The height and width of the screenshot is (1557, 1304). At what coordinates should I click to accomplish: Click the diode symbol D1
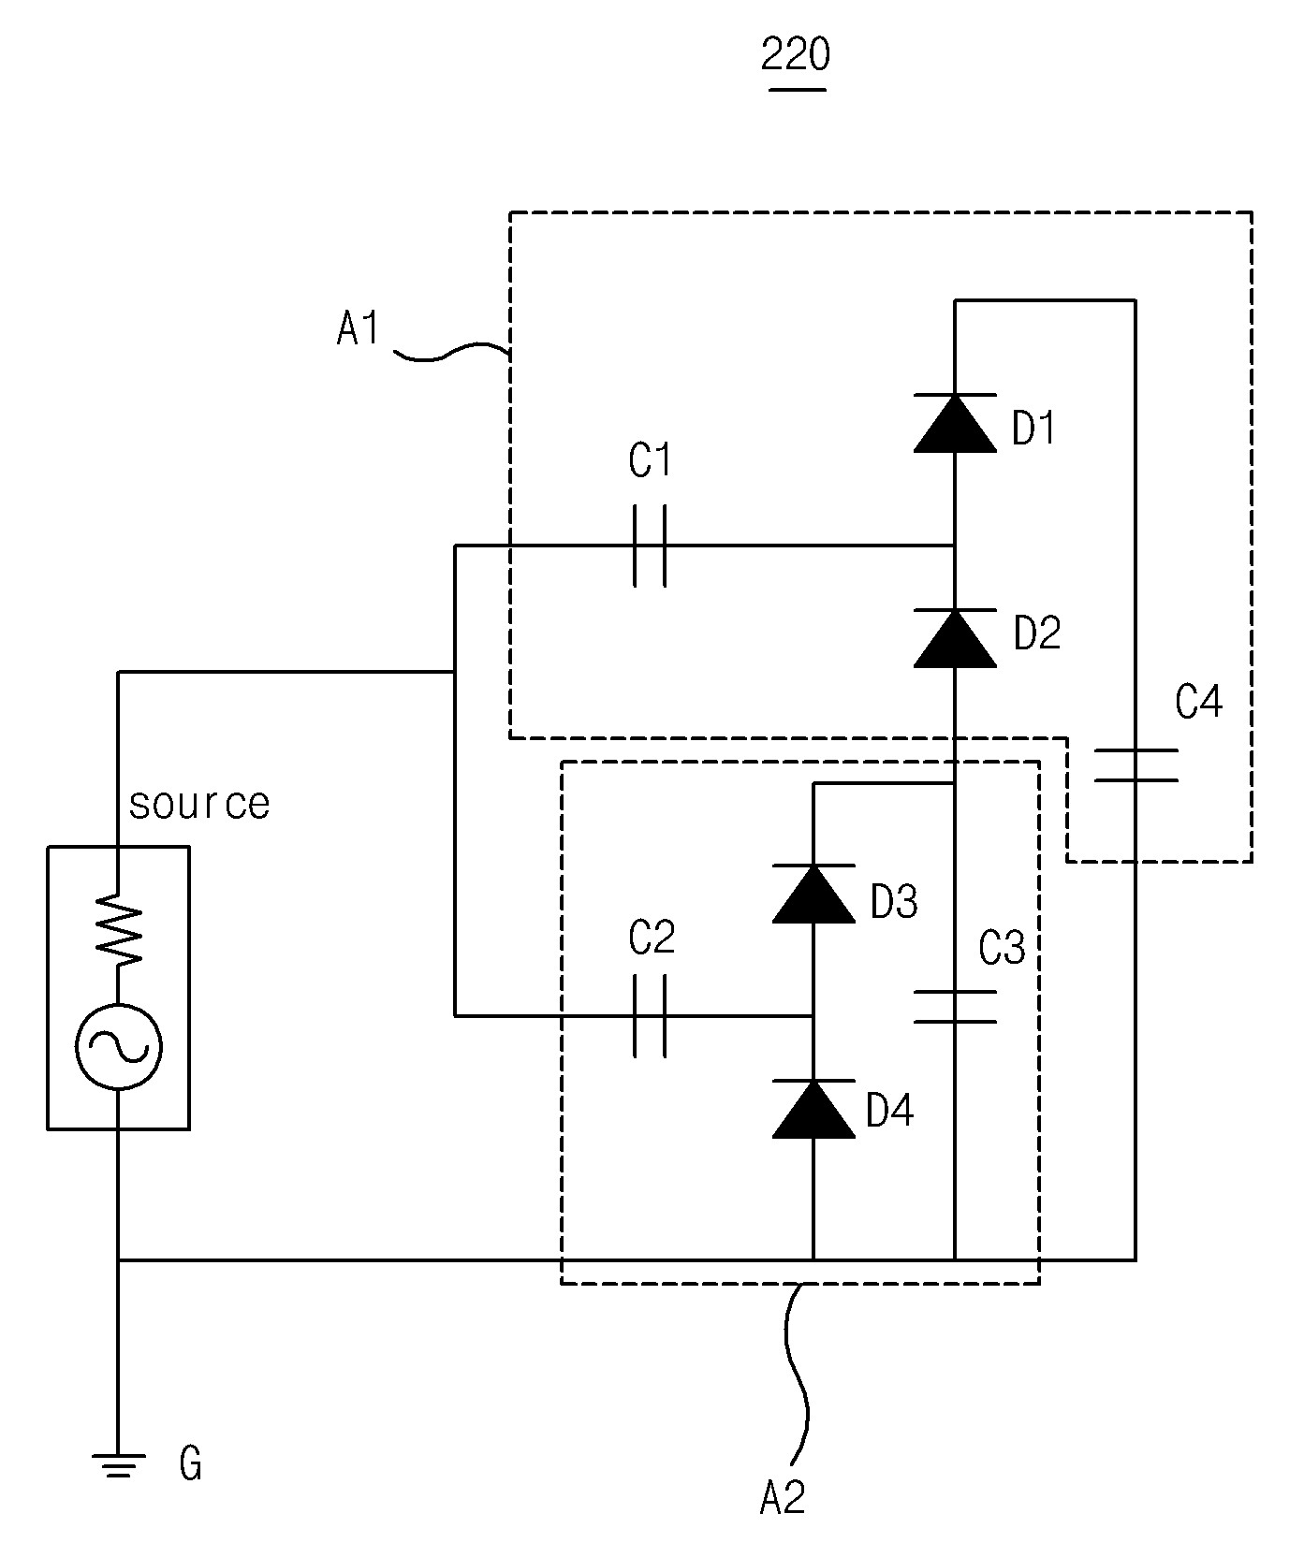coord(954,423)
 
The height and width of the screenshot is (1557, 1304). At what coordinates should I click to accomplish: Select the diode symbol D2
coord(954,638)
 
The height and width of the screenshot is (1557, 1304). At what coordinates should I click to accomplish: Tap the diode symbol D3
coord(813,894)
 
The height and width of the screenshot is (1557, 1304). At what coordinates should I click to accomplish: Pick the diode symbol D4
coord(813,1109)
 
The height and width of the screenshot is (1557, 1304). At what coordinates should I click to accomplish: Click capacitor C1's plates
coord(650,546)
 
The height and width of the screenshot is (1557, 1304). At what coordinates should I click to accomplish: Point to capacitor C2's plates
coord(650,1015)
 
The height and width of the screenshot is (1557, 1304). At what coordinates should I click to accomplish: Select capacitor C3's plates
coord(954,1006)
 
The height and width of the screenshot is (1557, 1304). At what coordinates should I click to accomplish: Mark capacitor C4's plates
coord(1136,764)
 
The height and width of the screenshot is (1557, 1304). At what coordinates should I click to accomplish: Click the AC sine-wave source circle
coord(119,1047)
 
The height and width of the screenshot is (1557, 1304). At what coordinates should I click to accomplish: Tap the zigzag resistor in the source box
coord(119,928)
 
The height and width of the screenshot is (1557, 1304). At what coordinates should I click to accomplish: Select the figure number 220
coord(796,56)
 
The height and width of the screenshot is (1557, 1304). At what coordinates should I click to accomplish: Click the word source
coord(199,804)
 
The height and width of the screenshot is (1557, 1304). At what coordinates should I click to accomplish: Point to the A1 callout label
coord(359,329)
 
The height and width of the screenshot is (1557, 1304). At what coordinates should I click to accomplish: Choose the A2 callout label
coord(784,1499)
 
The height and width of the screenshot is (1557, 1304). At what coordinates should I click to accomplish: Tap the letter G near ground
coord(191,1464)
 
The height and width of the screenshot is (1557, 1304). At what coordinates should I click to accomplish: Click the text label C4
coord(1199,701)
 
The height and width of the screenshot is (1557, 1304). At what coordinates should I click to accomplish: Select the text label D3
coord(894,901)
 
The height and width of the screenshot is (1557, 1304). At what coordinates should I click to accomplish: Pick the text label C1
coord(651,461)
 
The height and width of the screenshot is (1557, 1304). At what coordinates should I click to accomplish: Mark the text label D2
coord(1037,633)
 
